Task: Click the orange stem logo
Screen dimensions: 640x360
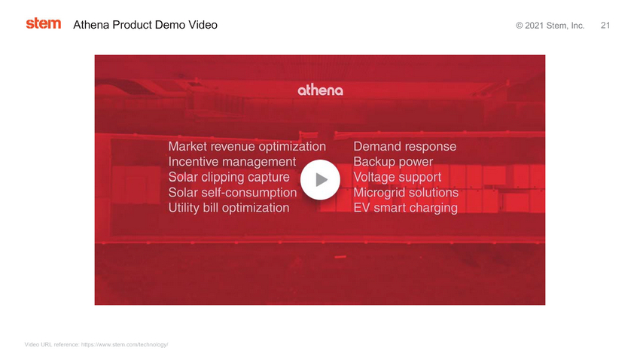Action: pos(43,23)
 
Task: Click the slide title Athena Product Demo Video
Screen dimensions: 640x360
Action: pos(145,25)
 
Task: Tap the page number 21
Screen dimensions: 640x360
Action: pos(605,26)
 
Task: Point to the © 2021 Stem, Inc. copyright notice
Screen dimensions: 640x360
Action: pos(550,26)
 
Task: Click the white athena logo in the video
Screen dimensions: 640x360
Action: pos(321,90)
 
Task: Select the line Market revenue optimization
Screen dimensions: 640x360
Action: pos(247,147)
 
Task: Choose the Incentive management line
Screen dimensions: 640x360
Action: pos(232,162)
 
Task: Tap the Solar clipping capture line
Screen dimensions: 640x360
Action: pos(229,177)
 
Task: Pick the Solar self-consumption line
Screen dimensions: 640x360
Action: pos(232,193)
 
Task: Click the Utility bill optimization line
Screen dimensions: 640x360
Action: pos(229,208)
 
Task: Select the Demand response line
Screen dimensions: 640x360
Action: pos(404,147)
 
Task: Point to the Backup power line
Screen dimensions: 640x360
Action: pos(393,162)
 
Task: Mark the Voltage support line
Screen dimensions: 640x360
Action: pos(397,177)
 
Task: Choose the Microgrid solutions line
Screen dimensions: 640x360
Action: pos(406,193)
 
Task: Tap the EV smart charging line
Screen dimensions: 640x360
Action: pos(405,208)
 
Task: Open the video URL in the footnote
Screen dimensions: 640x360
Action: pos(124,344)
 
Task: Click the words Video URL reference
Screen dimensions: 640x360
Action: pos(51,344)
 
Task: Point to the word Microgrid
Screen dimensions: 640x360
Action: pos(379,193)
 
